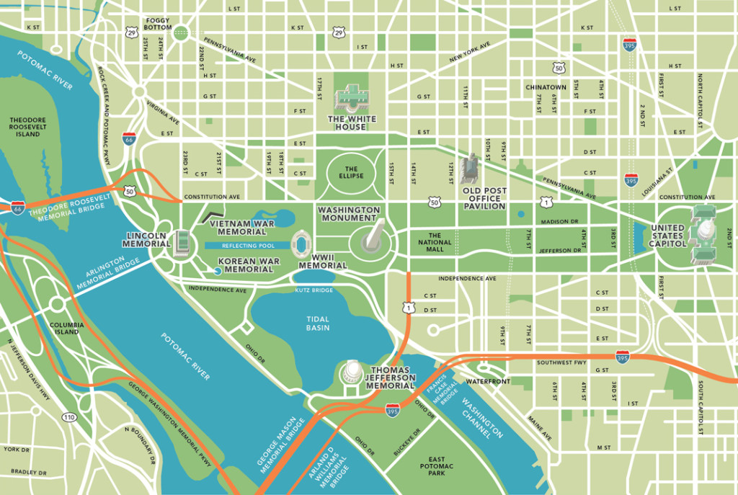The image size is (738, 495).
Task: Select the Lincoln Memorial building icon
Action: point(184,244)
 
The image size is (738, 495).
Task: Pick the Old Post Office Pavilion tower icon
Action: point(470,169)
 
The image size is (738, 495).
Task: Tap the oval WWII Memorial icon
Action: point(301,244)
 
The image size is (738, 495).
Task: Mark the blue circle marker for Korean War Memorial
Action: point(217,270)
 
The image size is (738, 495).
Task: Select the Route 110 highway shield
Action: point(69,417)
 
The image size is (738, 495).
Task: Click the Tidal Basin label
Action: point(318,323)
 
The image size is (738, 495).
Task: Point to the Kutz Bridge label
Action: point(313,290)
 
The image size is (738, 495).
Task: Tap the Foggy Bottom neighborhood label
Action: point(159,24)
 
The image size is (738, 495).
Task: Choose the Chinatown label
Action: point(546,87)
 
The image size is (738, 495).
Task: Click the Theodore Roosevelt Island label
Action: point(28,127)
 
